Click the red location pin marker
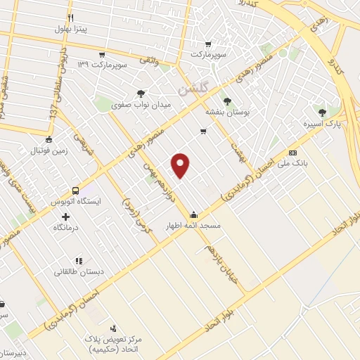pos(181,165)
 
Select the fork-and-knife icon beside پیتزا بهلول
pos(69,17)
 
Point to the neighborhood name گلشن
pos(193,89)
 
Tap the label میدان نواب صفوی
pos(141,106)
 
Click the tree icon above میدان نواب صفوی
pos(141,94)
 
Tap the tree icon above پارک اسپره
pos(322,111)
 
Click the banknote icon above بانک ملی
pos(293,153)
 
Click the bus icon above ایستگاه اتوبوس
pos(75,190)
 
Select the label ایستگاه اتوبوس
pos(78,201)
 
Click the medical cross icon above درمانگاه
pos(65,216)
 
